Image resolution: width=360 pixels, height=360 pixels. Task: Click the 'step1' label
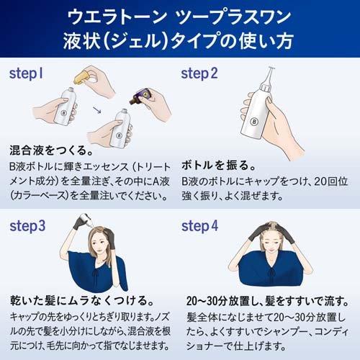point(27,73)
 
